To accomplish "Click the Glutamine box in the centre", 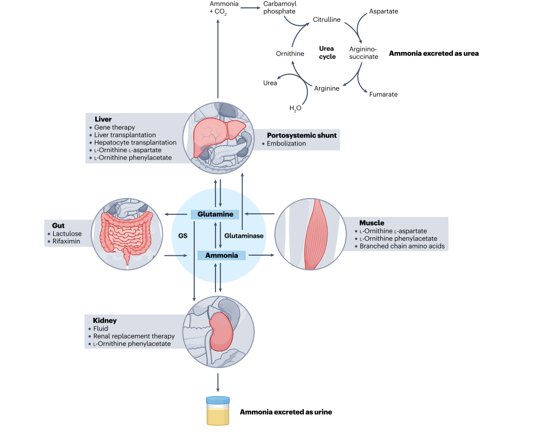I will tap(216, 214).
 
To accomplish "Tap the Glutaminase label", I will tap(243, 236).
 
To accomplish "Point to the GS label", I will tap(182, 236).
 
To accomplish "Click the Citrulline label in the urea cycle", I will tap(326, 20).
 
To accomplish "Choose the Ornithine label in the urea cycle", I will tap(290, 54).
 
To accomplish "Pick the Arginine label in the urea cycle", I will tap(327, 88).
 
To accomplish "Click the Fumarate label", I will tap(383, 95).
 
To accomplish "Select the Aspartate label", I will tap(383, 11).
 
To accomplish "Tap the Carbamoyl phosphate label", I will tap(279, 8).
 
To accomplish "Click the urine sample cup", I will tap(217, 411).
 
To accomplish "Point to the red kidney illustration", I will tap(222, 332).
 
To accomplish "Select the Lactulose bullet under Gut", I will tap(67, 234).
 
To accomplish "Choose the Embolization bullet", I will tap(287, 143).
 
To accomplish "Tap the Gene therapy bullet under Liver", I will tap(115, 128).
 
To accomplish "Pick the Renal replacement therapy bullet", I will tap(134, 336).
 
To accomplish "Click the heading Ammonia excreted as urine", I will tap(286, 412).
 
